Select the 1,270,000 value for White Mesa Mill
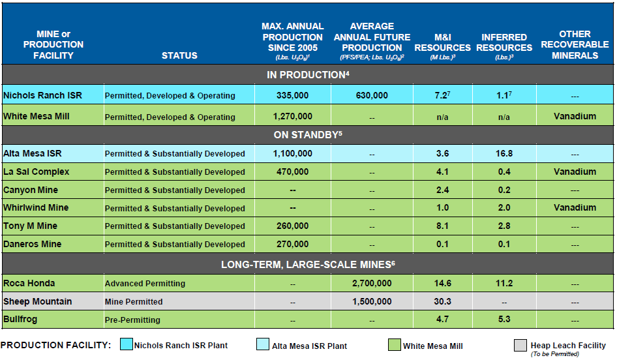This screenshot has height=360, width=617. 292,117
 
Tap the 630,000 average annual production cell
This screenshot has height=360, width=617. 372,95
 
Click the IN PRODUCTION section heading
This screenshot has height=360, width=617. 308,75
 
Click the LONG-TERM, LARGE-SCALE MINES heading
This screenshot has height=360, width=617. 308,264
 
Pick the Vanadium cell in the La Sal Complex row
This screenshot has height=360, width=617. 575,172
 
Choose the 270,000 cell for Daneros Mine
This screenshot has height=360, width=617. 292,245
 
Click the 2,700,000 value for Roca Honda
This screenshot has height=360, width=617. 372,284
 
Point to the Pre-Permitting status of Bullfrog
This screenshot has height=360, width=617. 132,320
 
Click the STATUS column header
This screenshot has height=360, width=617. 179,55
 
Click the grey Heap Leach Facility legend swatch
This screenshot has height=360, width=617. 520,346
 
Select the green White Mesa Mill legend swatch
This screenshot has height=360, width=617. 394,346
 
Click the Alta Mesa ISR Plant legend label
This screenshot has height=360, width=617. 309,346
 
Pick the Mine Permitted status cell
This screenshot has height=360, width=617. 134,302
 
